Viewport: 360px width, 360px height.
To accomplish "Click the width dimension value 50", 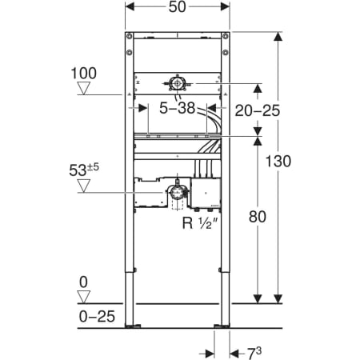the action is pyautogui.click(x=177, y=7).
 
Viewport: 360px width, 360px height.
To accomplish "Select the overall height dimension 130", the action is pyautogui.click(x=278, y=162).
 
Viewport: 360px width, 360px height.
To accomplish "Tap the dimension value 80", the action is pyautogui.click(x=258, y=217).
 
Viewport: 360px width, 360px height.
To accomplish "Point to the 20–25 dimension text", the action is pyautogui.click(x=258, y=110).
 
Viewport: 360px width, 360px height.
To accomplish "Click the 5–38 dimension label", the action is pyautogui.click(x=178, y=108).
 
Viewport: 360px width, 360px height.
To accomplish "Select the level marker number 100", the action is pyautogui.click(x=84, y=74).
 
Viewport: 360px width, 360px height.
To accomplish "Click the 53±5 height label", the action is pyautogui.click(x=84, y=170).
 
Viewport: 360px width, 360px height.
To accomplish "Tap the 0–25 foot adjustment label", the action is pyautogui.click(x=97, y=316).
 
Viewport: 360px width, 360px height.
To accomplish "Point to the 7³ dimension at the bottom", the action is pyautogui.click(x=254, y=353).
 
